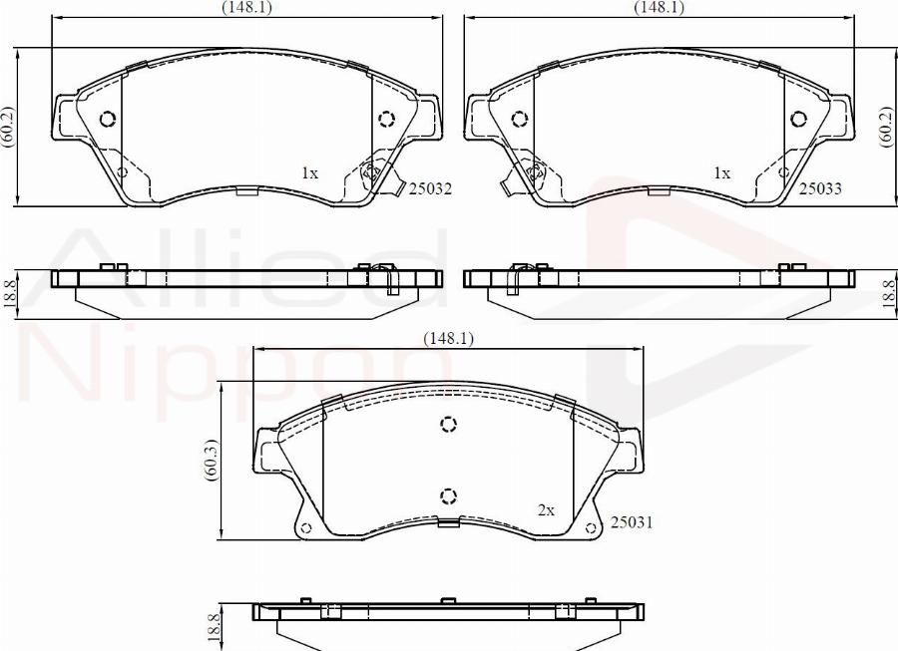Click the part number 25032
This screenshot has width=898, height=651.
click(430, 186)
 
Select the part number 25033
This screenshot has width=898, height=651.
click(820, 186)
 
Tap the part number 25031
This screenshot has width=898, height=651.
click(631, 521)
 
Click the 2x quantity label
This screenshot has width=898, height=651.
click(546, 509)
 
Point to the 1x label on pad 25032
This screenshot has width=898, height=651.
click(309, 172)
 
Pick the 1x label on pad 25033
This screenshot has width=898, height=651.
click(721, 172)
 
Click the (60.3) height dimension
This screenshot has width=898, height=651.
click(210, 461)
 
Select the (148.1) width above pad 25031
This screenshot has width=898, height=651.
click(448, 339)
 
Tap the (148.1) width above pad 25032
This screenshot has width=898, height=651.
click(246, 7)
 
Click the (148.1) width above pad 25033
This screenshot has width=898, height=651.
click(659, 7)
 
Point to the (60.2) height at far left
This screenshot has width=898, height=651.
click(8, 127)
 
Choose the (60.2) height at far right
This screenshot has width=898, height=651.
click(886, 127)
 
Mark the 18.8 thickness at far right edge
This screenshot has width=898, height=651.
click(886, 296)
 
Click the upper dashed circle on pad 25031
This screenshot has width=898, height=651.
click(448, 426)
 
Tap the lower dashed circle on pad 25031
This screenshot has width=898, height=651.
click(448, 495)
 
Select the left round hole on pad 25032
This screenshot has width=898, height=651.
click(108, 120)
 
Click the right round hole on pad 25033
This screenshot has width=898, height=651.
click(798, 120)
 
